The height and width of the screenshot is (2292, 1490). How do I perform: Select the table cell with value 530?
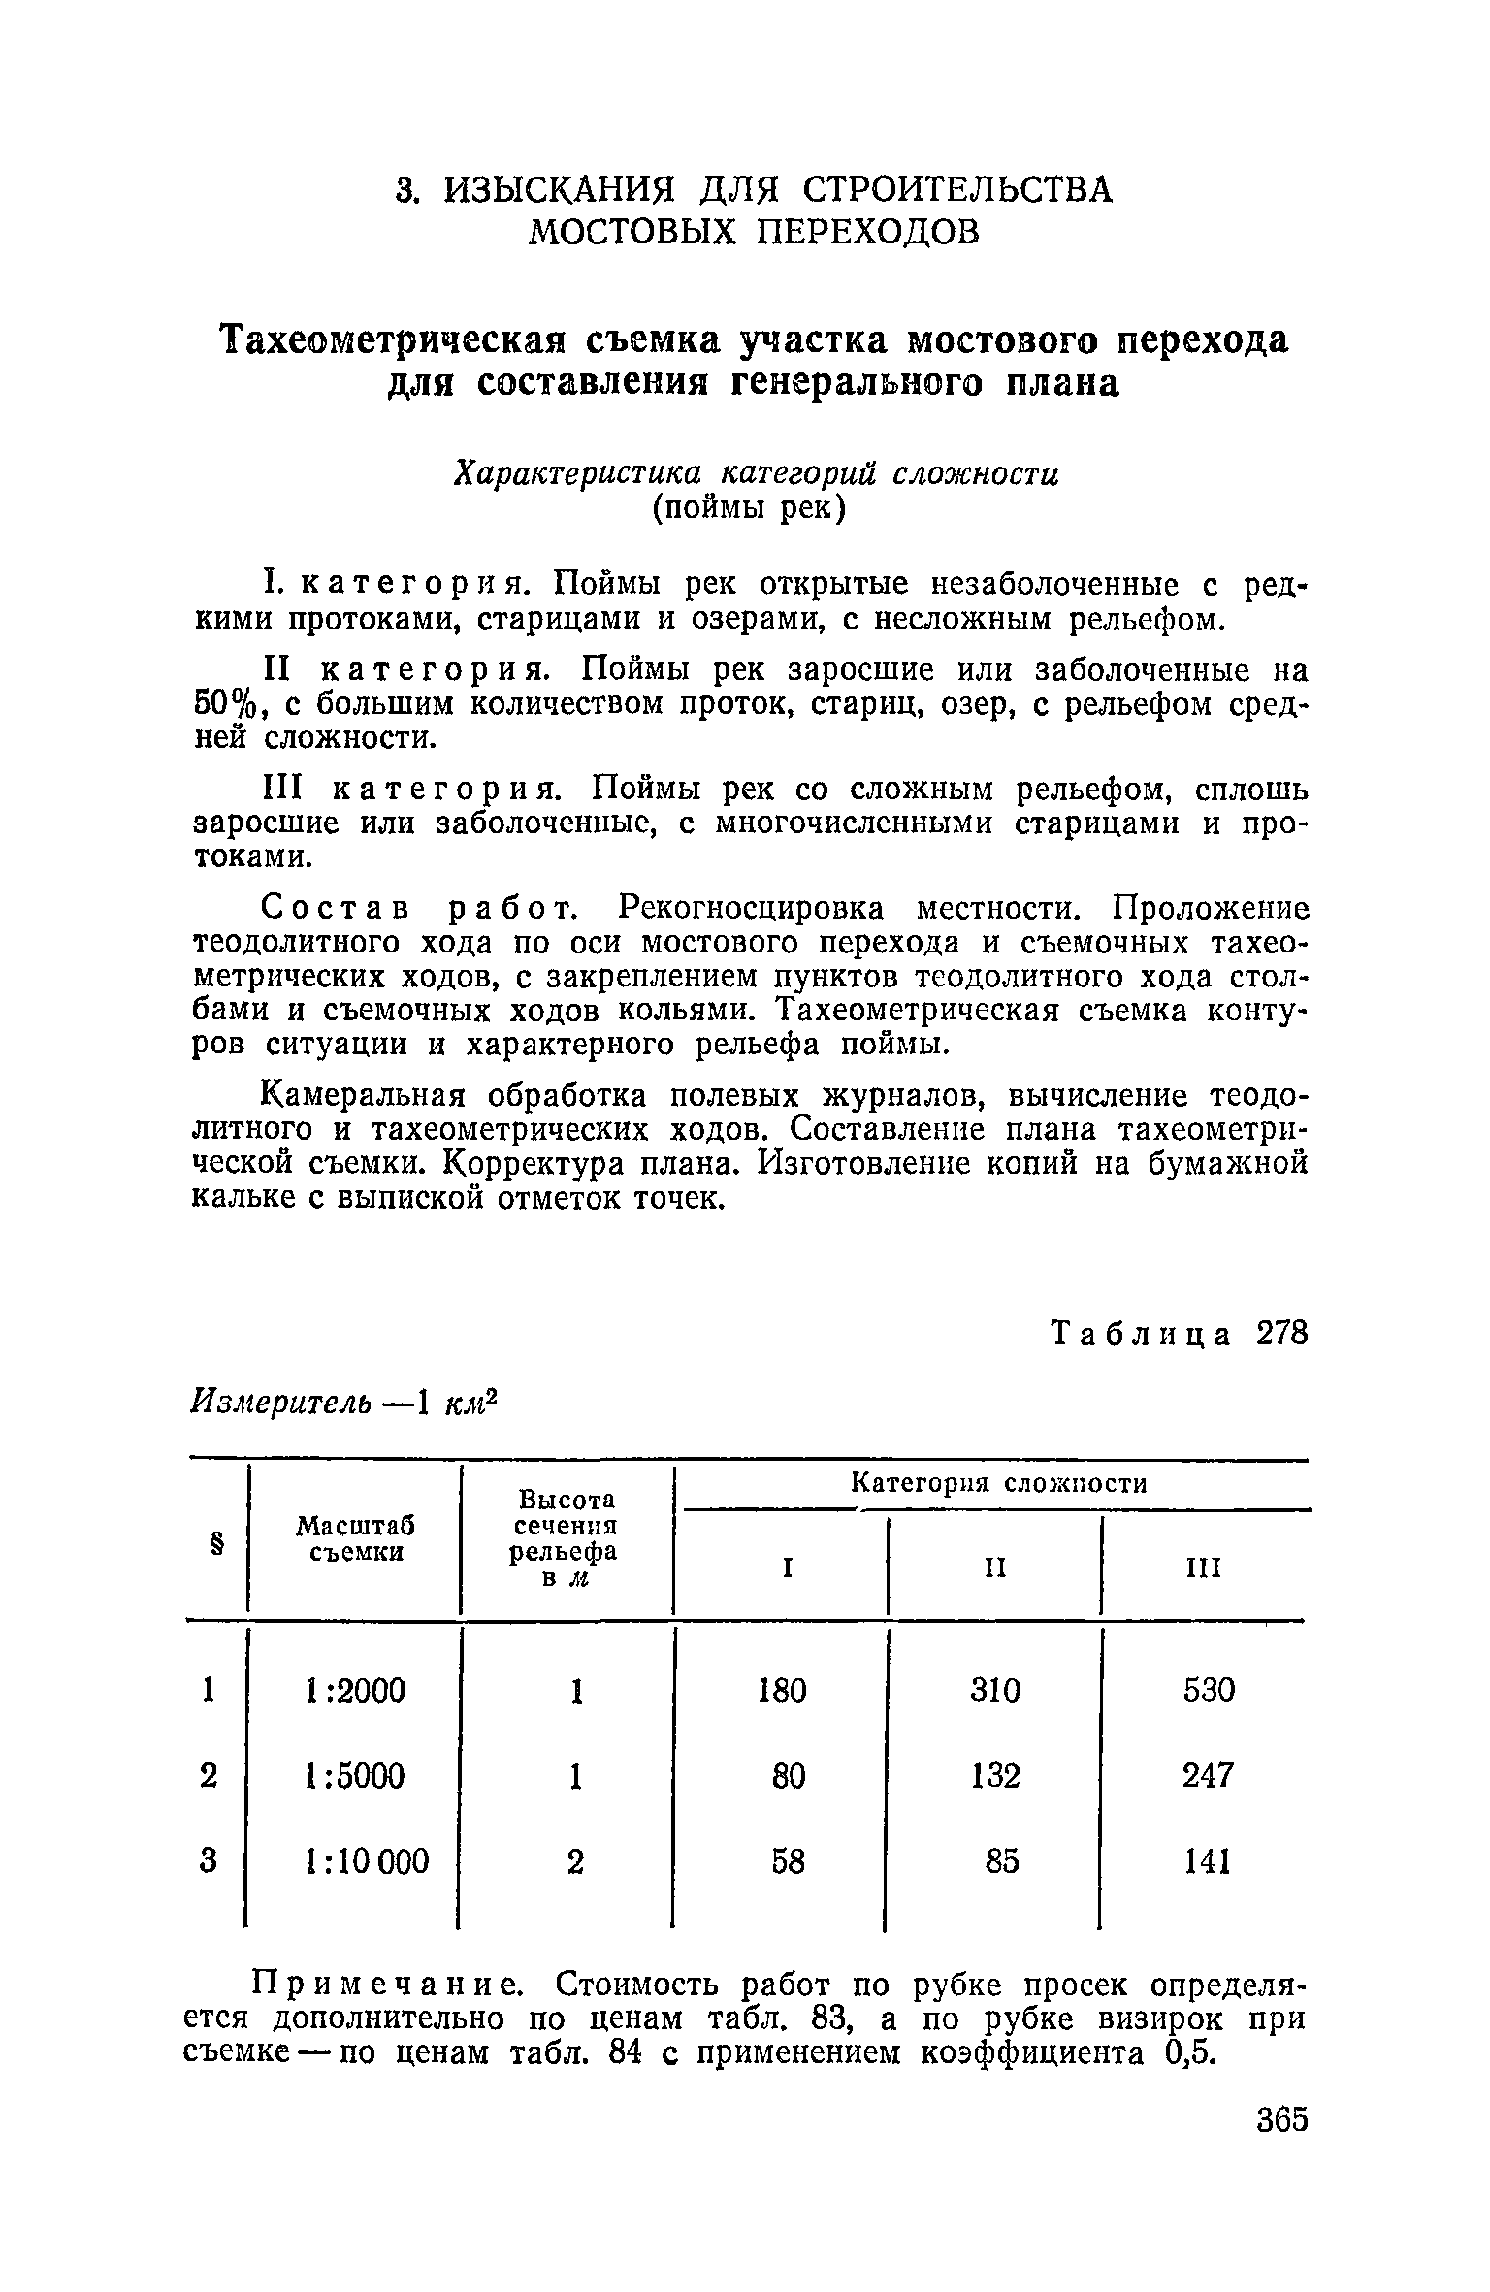tap(1209, 1691)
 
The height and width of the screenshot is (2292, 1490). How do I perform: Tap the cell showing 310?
tap(994, 1691)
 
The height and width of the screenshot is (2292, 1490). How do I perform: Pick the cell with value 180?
tap(782, 1691)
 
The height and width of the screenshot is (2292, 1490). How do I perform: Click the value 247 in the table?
tap(1208, 1776)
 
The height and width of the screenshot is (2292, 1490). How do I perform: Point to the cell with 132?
tap(994, 1776)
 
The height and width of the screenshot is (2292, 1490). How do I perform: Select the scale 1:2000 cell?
tap(355, 1691)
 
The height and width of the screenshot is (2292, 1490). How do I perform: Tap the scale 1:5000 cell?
tap(355, 1776)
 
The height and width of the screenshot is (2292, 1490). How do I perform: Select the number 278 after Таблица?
tap(1281, 1334)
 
